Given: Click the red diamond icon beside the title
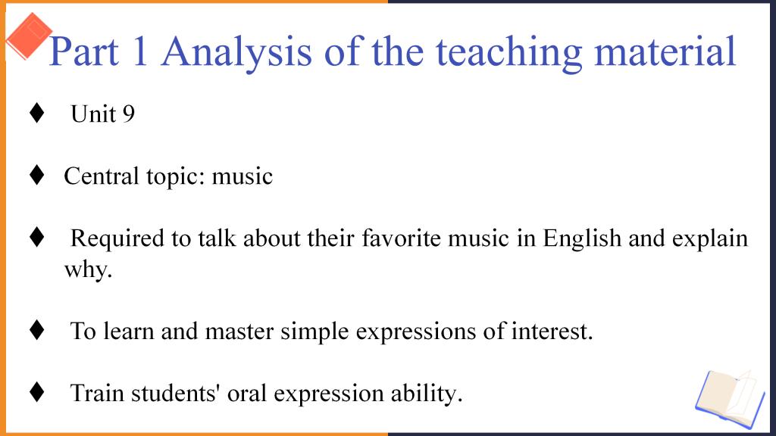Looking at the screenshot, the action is click(x=29, y=36).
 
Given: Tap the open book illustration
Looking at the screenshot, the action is click(x=731, y=399).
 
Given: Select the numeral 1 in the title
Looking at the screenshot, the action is click(x=140, y=51).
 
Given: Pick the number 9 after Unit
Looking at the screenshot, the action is click(x=128, y=114).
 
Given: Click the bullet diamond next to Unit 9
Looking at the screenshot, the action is click(x=36, y=113).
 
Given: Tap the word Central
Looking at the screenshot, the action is click(x=101, y=176).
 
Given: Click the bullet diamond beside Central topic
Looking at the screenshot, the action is click(x=36, y=175).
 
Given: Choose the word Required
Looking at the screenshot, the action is click(x=117, y=239).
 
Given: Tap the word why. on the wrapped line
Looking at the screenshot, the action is click(x=88, y=270).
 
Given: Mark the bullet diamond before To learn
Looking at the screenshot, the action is click(x=36, y=330).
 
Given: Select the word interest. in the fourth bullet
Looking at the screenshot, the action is click(x=552, y=332).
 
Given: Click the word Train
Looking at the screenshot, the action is click(x=97, y=394).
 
